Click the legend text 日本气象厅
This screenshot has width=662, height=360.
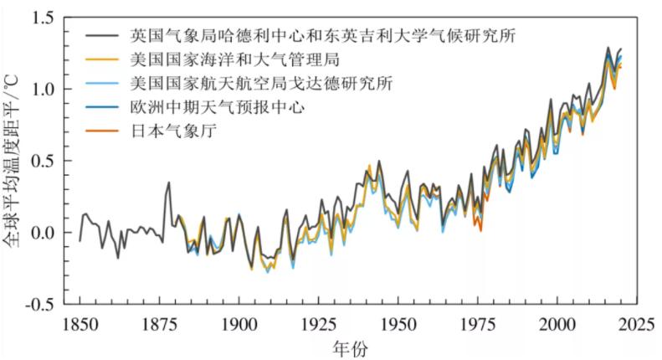(168, 131)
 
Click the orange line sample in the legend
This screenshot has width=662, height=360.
(104, 131)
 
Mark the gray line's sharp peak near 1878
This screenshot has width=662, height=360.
(168, 183)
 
